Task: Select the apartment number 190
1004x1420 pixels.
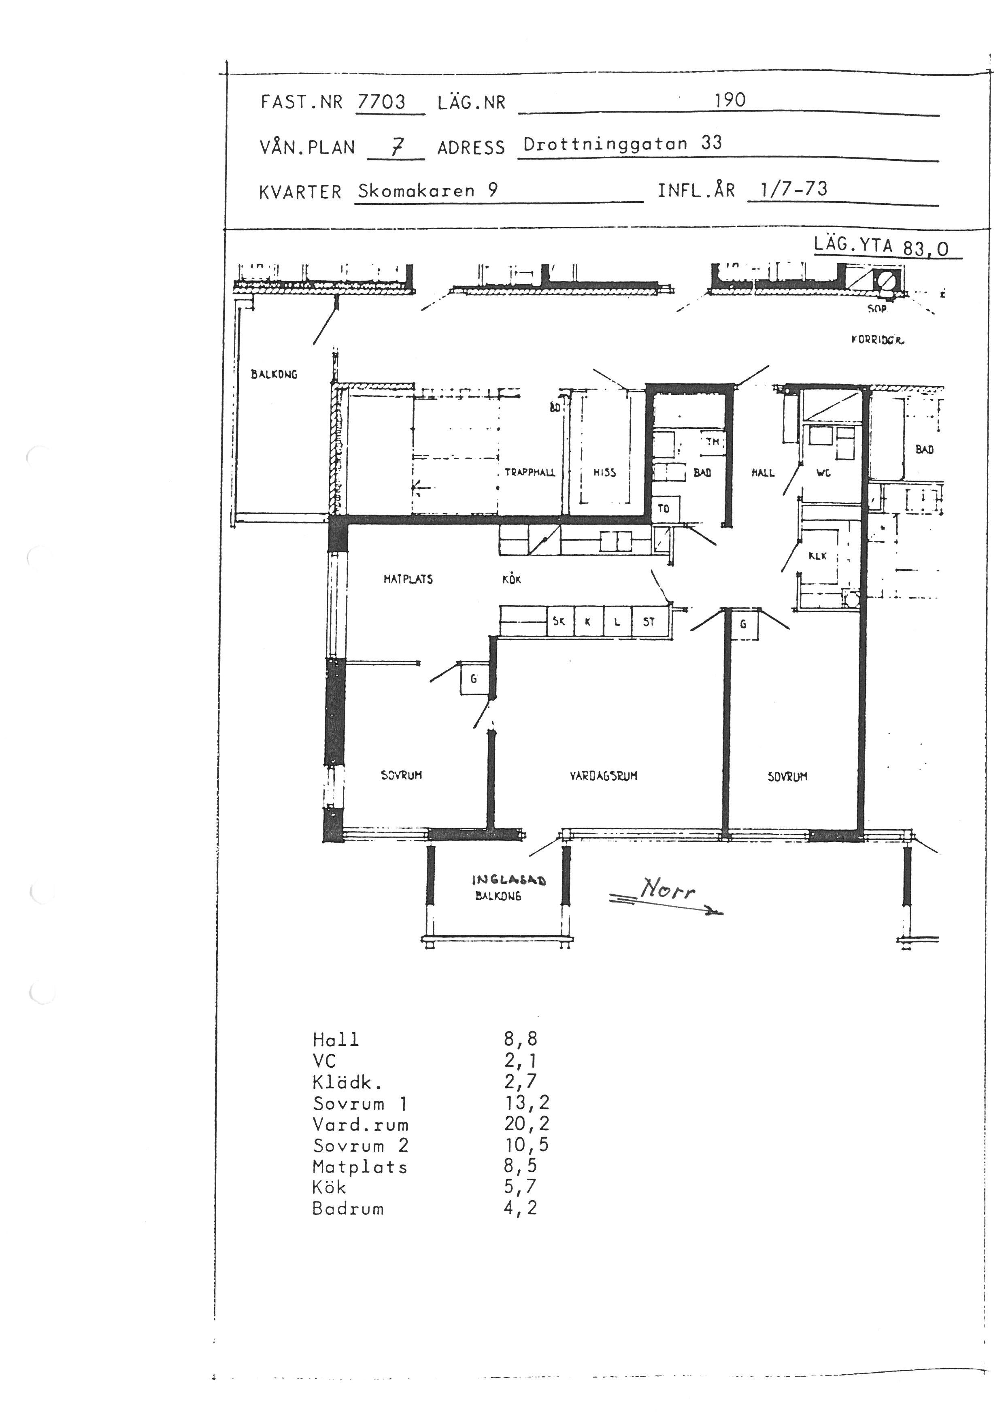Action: (730, 100)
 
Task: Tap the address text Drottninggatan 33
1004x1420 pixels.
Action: (623, 143)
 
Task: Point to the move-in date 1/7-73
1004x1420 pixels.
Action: (794, 189)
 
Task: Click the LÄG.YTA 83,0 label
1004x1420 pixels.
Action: (881, 246)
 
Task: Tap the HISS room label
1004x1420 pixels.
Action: (604, 473)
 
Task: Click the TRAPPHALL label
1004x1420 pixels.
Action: (530, 473)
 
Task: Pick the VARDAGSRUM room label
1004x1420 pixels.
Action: (603, 775)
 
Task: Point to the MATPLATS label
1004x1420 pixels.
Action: (408, 579)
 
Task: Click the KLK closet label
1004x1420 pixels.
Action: (817, 556)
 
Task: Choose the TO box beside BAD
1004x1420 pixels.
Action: (664, 509)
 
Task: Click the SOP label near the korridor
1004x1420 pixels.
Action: (876, 308)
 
